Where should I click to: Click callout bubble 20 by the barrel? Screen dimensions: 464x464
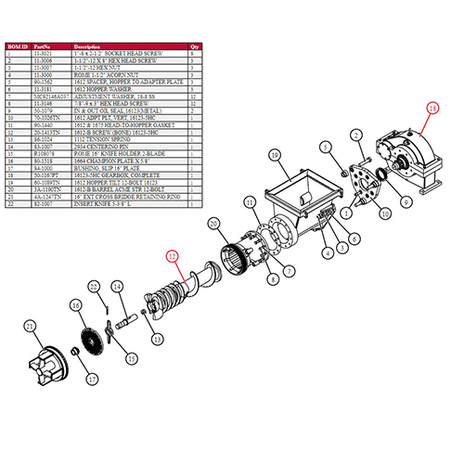coord(214,224)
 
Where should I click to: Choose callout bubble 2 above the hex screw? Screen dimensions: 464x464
coord(329,148)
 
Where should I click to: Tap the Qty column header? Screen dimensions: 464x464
coord(194,44)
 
